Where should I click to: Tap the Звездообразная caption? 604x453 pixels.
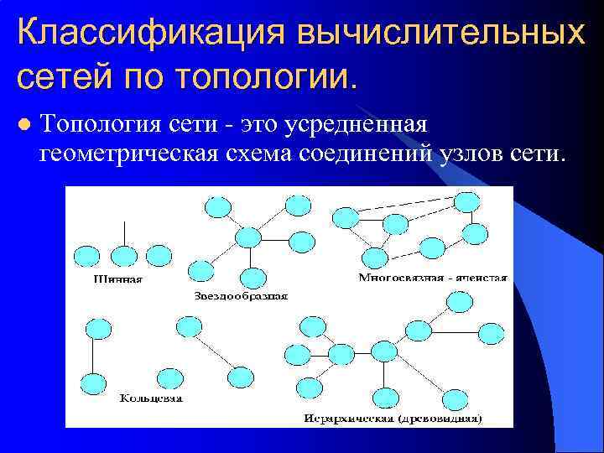pyautogui.click(x=241, y=295)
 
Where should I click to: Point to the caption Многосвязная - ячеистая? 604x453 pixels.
pyautogui.click(x=433, y=277)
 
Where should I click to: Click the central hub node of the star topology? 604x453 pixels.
pyautogui.click(x=248, y=237)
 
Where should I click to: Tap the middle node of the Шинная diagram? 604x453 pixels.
pyautogui.click(x=124, y=255)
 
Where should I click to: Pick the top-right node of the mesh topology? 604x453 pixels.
pyautogui.click(x=467, y=202)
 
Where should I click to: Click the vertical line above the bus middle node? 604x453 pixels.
pyautogui.click(x=124, y=232)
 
